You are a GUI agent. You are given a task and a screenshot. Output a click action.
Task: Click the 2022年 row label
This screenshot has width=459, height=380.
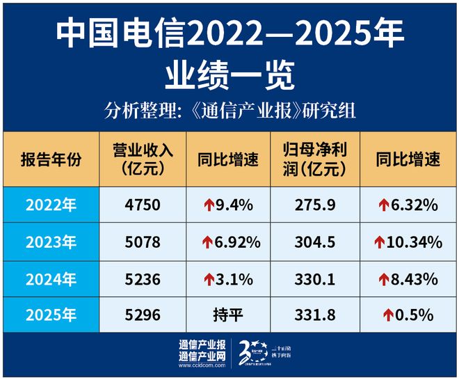51,205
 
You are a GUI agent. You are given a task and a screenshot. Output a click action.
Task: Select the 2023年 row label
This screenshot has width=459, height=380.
51,242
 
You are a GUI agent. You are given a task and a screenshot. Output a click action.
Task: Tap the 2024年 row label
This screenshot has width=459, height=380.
51,279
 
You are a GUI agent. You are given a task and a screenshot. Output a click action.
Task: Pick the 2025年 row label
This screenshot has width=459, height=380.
51,315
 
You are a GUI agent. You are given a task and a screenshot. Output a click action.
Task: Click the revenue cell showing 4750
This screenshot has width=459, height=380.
142,205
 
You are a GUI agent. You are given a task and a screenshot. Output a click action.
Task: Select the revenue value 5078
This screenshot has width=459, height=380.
142,242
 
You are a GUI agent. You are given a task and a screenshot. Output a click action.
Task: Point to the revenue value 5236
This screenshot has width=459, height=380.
142,279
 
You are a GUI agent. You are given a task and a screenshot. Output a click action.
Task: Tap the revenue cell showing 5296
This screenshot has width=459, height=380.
142,315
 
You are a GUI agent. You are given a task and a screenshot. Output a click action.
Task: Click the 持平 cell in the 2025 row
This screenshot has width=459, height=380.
230,315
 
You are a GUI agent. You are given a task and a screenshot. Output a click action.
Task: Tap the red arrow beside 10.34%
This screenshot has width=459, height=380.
379,242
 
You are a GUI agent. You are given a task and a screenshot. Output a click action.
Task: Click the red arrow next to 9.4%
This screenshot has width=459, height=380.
208,205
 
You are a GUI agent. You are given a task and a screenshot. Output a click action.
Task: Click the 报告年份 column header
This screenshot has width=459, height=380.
51,159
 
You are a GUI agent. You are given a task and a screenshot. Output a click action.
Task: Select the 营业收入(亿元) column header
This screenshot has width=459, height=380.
142,159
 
